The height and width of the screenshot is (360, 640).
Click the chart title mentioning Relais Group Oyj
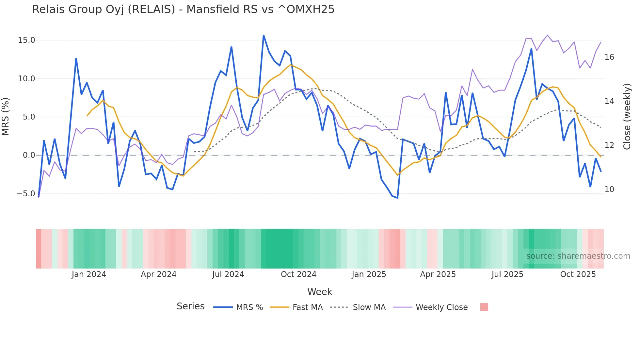pyautogui.click(x=183, y=9)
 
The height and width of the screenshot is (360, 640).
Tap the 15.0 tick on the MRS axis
pyautogui.click(x=26, y=40)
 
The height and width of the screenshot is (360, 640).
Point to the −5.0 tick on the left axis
pyautogui.click(x=26, y=194)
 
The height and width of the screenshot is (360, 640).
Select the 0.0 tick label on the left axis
pyautogui.click(x=29, y=155)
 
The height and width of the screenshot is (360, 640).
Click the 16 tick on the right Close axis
pyautogui.click(x=609, y=57)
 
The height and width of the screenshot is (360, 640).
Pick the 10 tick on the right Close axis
pyautogui.click(x=609, y=189)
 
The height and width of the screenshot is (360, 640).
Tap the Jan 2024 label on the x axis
pyautogui.click(x=89, y=274)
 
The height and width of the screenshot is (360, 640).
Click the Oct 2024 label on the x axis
pyautogui.click(x=298, y=274)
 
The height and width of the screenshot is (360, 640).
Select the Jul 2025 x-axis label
pyautogui.click(x=507, y=274)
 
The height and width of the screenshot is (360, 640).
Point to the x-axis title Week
pyautogui.click(x=320, y=292)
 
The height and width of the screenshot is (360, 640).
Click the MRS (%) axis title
pyautogui.click(x=6, y=117)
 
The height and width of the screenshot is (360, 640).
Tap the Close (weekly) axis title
pyautogui.click(x=627, y=117)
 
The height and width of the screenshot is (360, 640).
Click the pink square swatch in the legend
pyautogui.click(x=484, y=307)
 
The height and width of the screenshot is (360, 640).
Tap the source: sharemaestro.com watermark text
pyautogui.click(x=578, y=256)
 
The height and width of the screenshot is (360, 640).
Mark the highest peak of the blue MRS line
pyautogui.click(x=264, y=36)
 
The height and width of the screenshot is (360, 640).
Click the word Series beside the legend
pyautogui.click(x=190, y=306)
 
